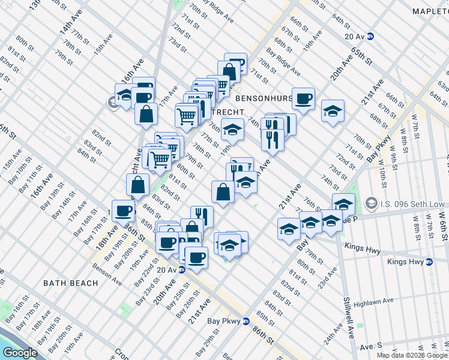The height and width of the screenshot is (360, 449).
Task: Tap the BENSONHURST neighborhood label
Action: point(264,97)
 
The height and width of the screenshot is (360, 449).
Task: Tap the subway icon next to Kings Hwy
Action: point(429,262)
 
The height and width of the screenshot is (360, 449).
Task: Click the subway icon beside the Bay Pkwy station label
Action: point(246,321)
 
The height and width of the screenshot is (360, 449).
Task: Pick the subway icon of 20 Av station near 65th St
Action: point(371,36)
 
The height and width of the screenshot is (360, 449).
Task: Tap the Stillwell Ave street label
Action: point(347,315)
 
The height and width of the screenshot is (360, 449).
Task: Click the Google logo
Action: point(20,353)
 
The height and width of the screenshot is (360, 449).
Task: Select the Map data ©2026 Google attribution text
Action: point(412,355)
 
